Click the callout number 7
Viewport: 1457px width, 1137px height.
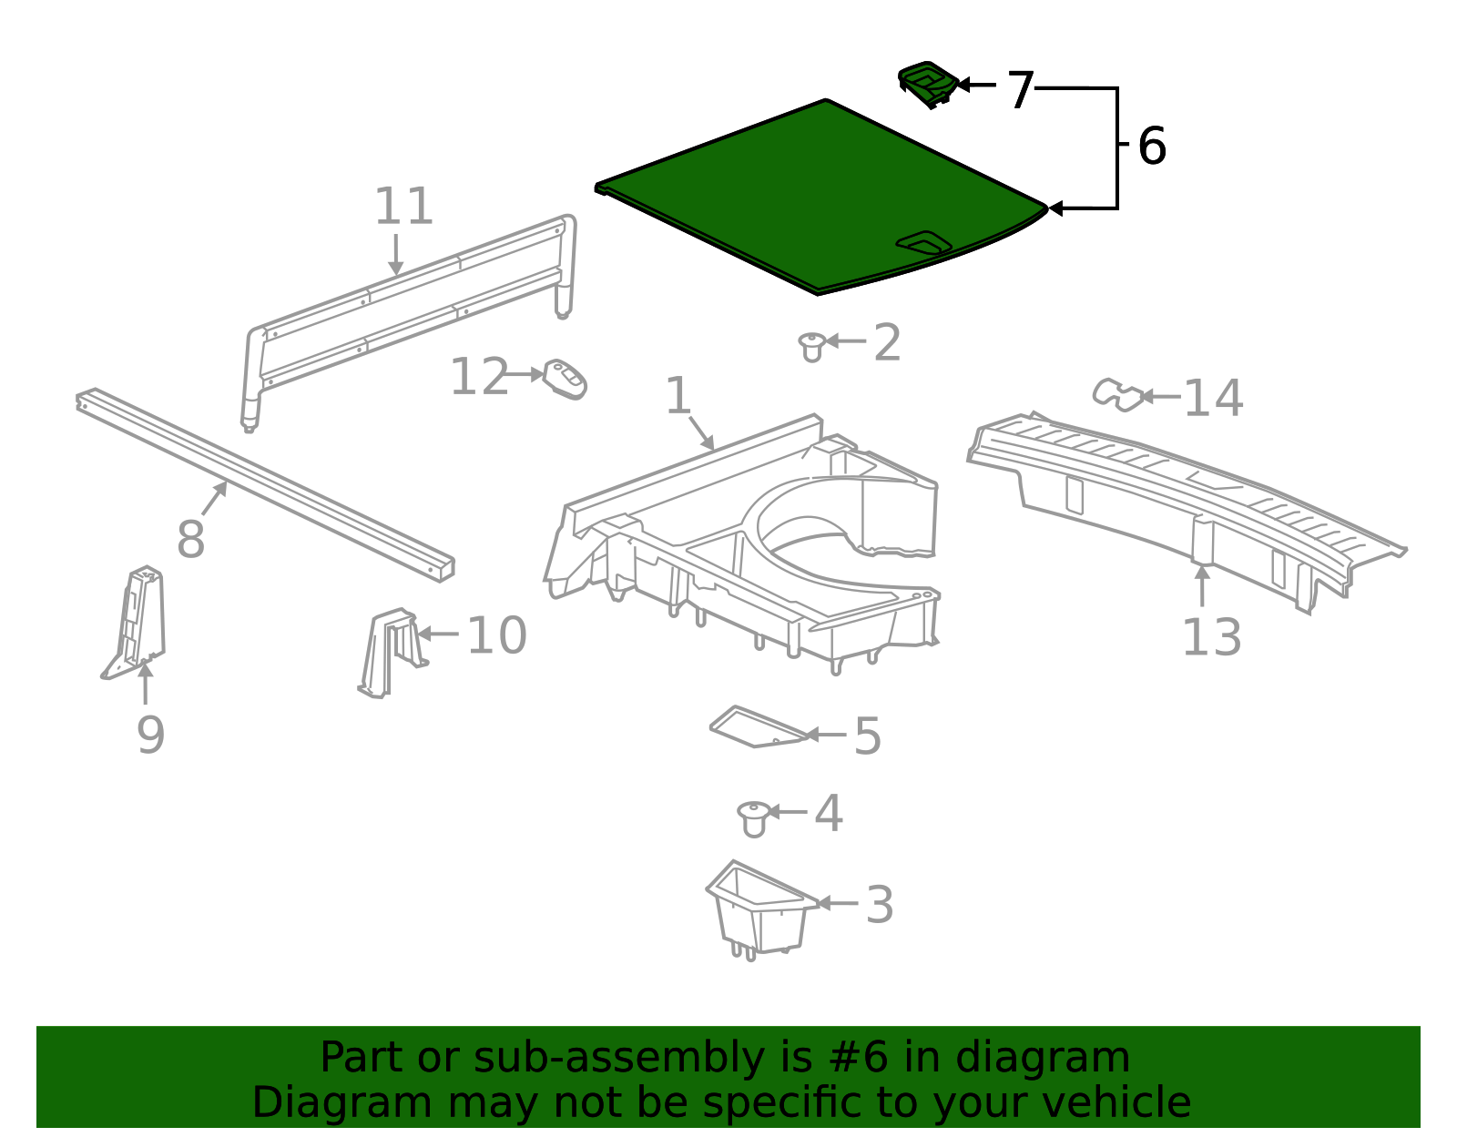1020,91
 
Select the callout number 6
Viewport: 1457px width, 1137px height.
1152,147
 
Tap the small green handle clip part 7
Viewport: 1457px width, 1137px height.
927,84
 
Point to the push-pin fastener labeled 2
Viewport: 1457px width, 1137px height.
811,345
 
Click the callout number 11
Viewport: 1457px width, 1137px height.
403,208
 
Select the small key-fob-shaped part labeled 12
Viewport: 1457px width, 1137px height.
565,379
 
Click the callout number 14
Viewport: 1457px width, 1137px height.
1213,399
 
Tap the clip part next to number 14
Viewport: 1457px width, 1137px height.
1117,394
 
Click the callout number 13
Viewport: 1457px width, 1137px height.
1211,638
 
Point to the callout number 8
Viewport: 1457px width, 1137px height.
190,540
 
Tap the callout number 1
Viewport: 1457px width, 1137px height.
678,396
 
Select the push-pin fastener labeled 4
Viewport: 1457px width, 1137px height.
753,817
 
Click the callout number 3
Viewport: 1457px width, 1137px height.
879,905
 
